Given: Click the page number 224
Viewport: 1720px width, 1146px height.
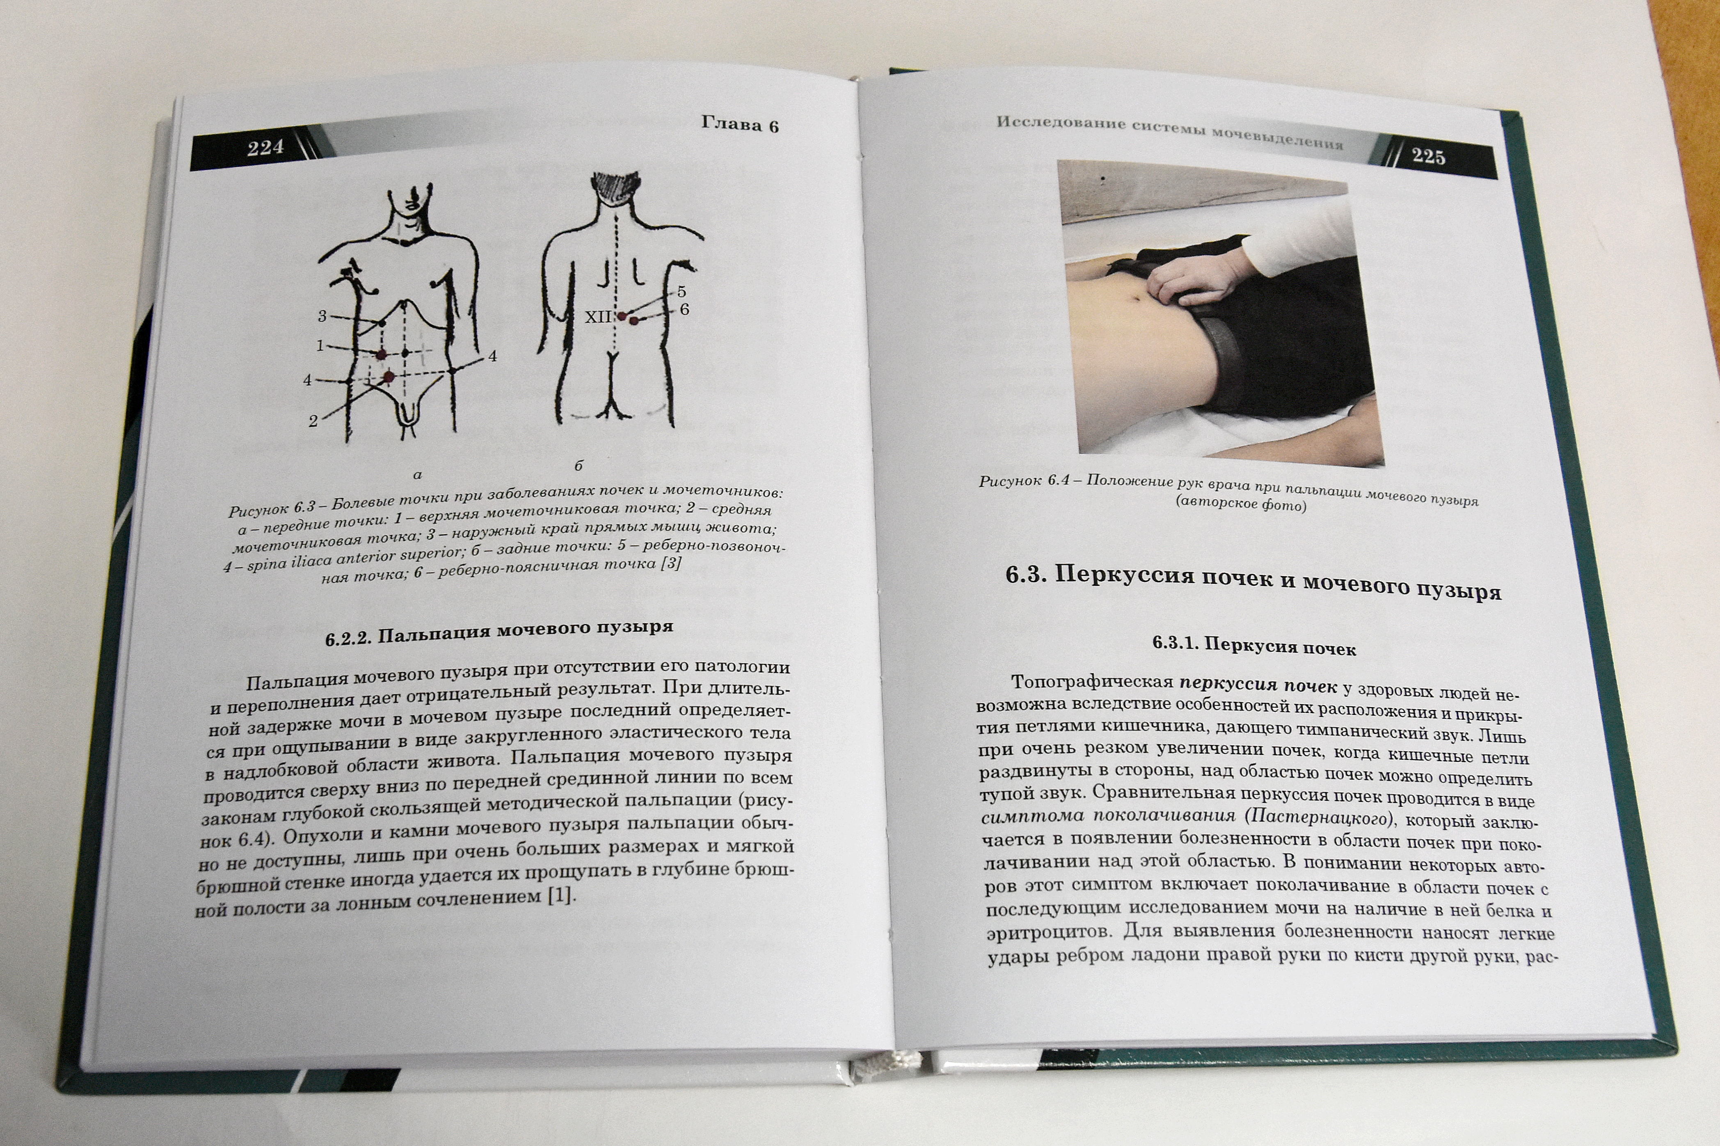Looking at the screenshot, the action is tap(265, 148).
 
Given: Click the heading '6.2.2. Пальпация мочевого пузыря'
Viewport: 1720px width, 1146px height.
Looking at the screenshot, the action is tap(499, 632).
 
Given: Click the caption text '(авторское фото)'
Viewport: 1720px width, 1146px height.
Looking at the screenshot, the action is tap(1240, 504).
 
